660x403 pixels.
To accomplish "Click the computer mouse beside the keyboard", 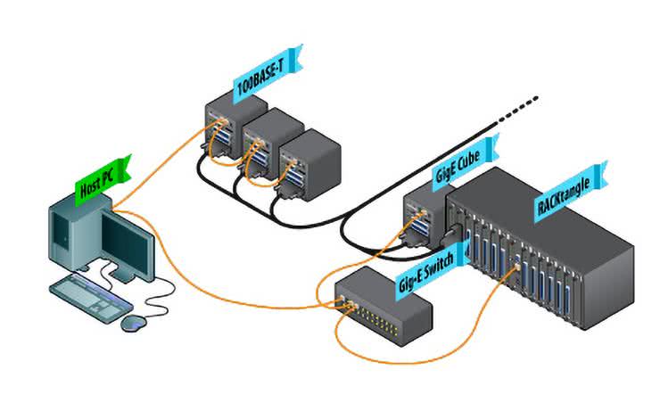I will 133,321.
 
